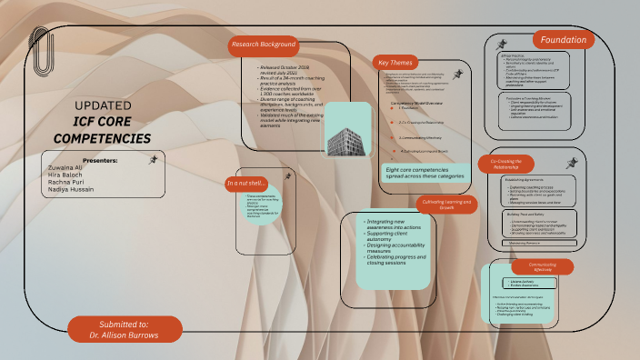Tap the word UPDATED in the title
(95, 105)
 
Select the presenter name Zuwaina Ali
(65, 167)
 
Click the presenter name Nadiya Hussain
(70, 189)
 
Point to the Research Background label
(264, 45)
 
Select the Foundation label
(563, 40)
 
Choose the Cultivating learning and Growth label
(446, 204)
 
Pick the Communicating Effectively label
(543, 266)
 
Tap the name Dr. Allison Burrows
(125, 335)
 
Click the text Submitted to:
(125, 324)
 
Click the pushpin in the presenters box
(154, 159)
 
